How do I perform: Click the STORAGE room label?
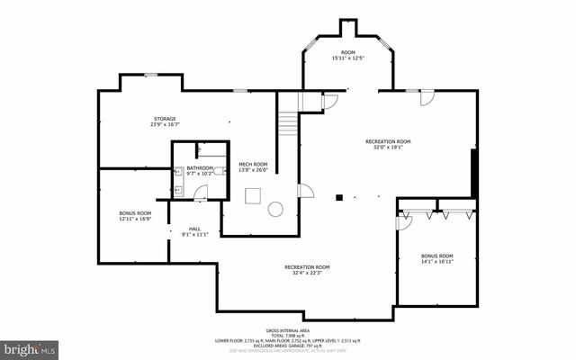point(164,119)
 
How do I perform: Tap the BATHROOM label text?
point(200,167)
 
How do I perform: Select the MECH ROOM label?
point(253,164)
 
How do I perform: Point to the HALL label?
point(195,229)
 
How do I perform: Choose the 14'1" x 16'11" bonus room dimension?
point(437,261)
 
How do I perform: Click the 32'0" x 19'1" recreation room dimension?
point(388,147)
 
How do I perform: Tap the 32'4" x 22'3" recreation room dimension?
point(307,272)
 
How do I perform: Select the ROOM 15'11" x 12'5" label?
point(349,56)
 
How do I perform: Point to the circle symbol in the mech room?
point(275,209)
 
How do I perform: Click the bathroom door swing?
point(201,191)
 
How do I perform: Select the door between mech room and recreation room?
point(306,191)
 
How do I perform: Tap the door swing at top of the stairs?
point(329,103)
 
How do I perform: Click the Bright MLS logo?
point(31,347)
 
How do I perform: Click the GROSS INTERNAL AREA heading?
point(287,331)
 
